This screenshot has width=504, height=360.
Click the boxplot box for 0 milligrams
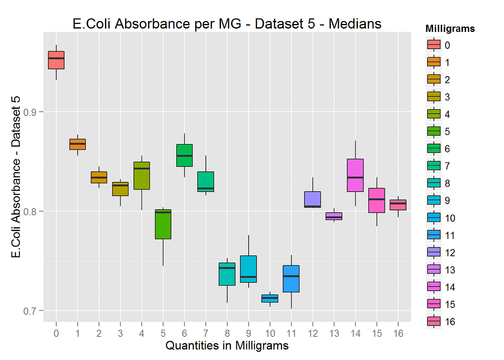click(56, 60)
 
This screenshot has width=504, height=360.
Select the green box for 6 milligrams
click(184, 155)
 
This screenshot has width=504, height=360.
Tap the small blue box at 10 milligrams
click(270, 299)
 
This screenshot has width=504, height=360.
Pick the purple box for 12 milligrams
click(312, 200)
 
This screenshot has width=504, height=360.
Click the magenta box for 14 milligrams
click(355, 175)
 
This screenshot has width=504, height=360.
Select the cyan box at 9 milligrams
click(248, 269)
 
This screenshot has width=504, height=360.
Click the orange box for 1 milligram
click(78, 144)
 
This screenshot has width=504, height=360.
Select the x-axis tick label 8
click(227, 333)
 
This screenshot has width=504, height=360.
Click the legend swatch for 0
click(433, 45)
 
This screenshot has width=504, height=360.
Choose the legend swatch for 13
click(433, 269)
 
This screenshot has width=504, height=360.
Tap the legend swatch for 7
click(433, 166)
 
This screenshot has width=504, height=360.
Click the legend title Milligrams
click(450, 29)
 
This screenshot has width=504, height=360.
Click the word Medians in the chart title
click(355, 24)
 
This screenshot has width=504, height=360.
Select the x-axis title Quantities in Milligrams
click(227, 346)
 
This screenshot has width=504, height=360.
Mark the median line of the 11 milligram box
click(291, 276)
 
